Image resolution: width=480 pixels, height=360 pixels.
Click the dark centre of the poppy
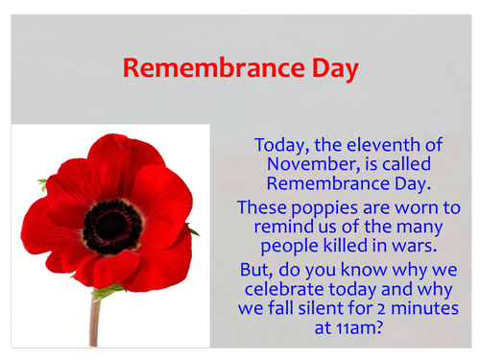pyautogui.click(x=112, y=223)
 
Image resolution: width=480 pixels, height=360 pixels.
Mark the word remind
pyautogui.click(x=279, y=227)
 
